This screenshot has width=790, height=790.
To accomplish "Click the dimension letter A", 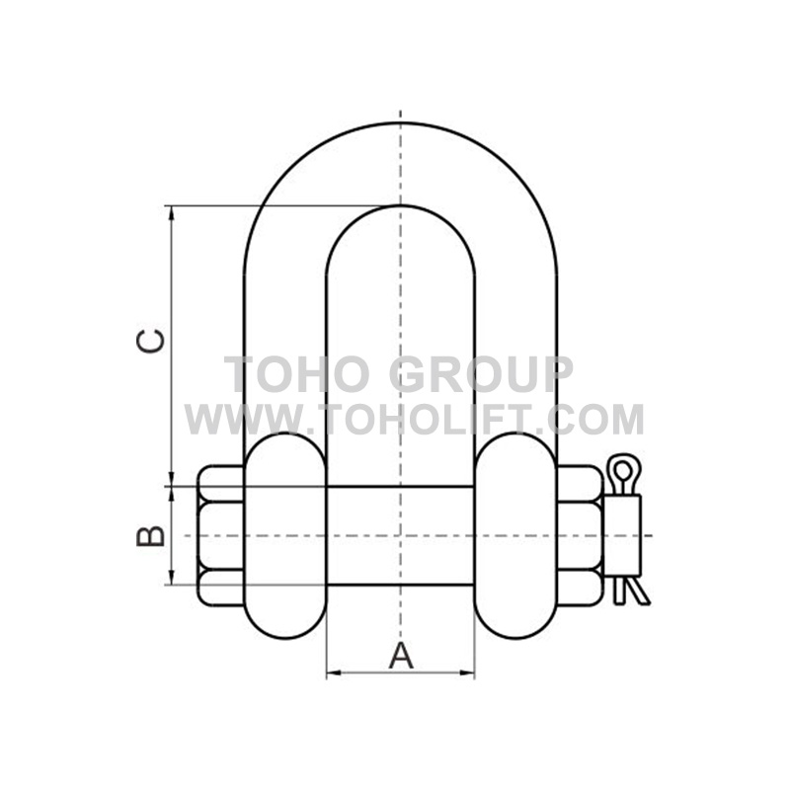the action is (401, 656).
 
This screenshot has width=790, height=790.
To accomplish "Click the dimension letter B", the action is (151, 535).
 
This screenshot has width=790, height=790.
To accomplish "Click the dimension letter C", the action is (151, 341).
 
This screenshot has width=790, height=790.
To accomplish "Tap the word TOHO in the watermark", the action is (301, 374).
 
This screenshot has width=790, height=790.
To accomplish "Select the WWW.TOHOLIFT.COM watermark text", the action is (414, 419).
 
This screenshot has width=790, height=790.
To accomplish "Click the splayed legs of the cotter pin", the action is (631, 590).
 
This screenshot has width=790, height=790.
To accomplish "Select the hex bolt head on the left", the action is (221, 535).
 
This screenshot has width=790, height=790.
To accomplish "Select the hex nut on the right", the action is (580, 535).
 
